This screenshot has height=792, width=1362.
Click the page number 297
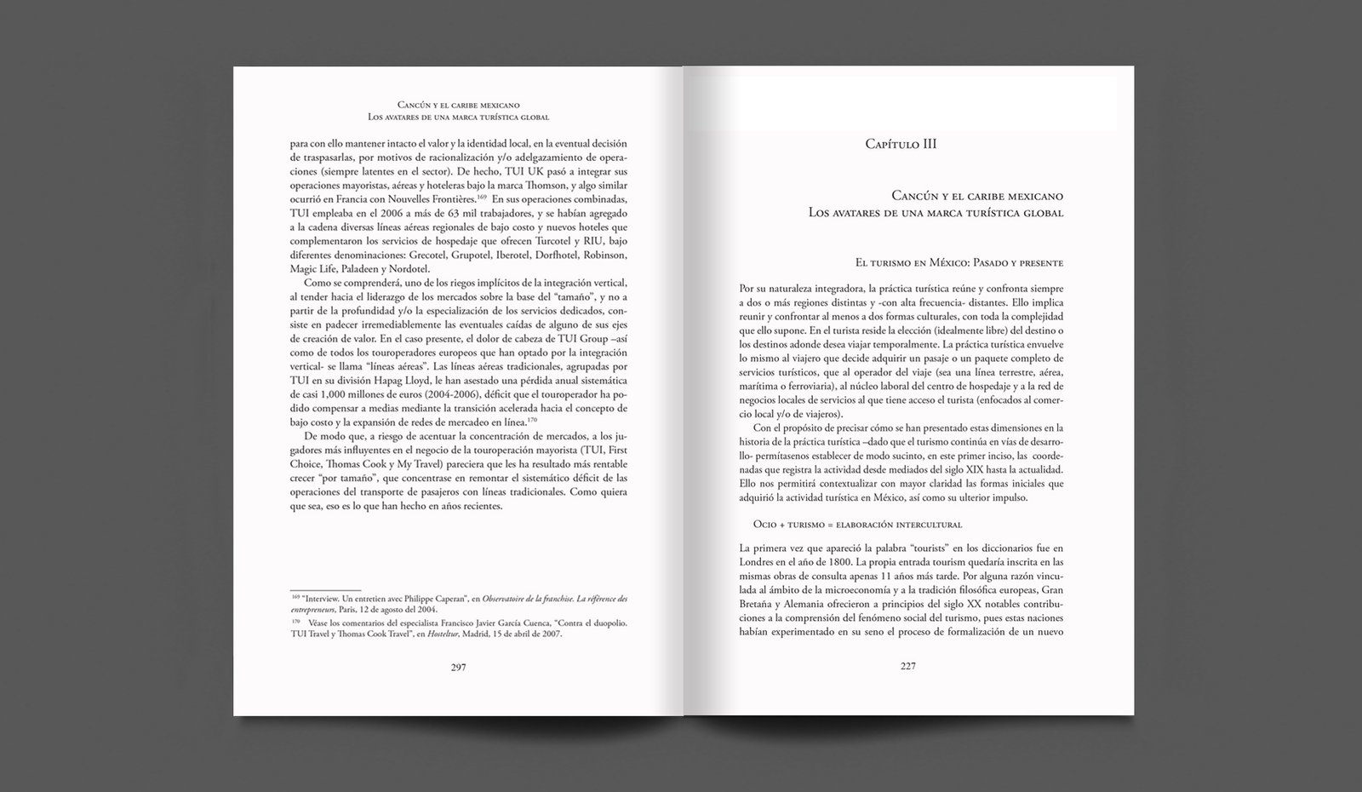click(458, 667)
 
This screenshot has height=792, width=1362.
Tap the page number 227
click(907, 666)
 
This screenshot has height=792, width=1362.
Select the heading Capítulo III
click(901, 144)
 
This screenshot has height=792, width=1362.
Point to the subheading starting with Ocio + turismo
click(858, 524)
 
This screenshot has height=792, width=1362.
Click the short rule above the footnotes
click(325, 589)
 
